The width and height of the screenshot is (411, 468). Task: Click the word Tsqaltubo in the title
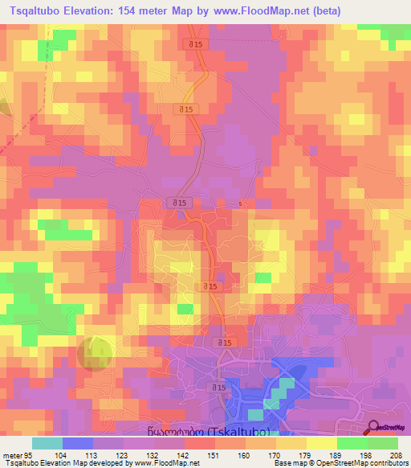coord(39,11)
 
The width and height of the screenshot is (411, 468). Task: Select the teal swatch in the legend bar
coord(47,443)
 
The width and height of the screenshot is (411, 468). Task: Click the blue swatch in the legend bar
coord(78,443)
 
